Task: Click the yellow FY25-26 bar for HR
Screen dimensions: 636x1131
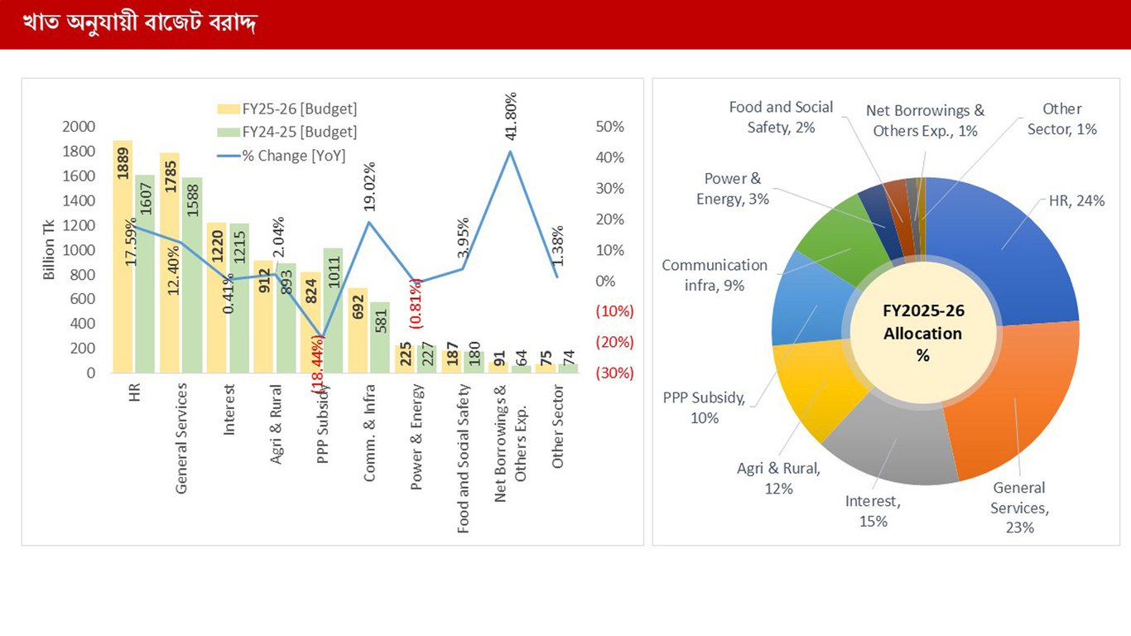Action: (x=123, y=273)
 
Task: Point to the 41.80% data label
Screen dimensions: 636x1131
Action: (x=511, y=118)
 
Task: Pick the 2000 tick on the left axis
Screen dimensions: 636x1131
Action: (x=78, y=127)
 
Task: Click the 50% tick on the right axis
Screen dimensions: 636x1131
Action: (x=609, y=127)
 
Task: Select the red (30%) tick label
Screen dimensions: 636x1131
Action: (x=614, y=373)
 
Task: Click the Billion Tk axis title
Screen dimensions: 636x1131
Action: (x=50, y=248)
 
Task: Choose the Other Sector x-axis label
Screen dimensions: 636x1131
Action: (x=558, y=426)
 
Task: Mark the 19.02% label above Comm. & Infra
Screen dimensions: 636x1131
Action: (x=369, y=190)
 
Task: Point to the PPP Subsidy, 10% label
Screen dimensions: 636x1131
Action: (x=704, y=407)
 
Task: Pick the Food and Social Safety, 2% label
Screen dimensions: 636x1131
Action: (x=781, y=117)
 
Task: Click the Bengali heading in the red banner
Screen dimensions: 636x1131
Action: (x=139, y=23)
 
